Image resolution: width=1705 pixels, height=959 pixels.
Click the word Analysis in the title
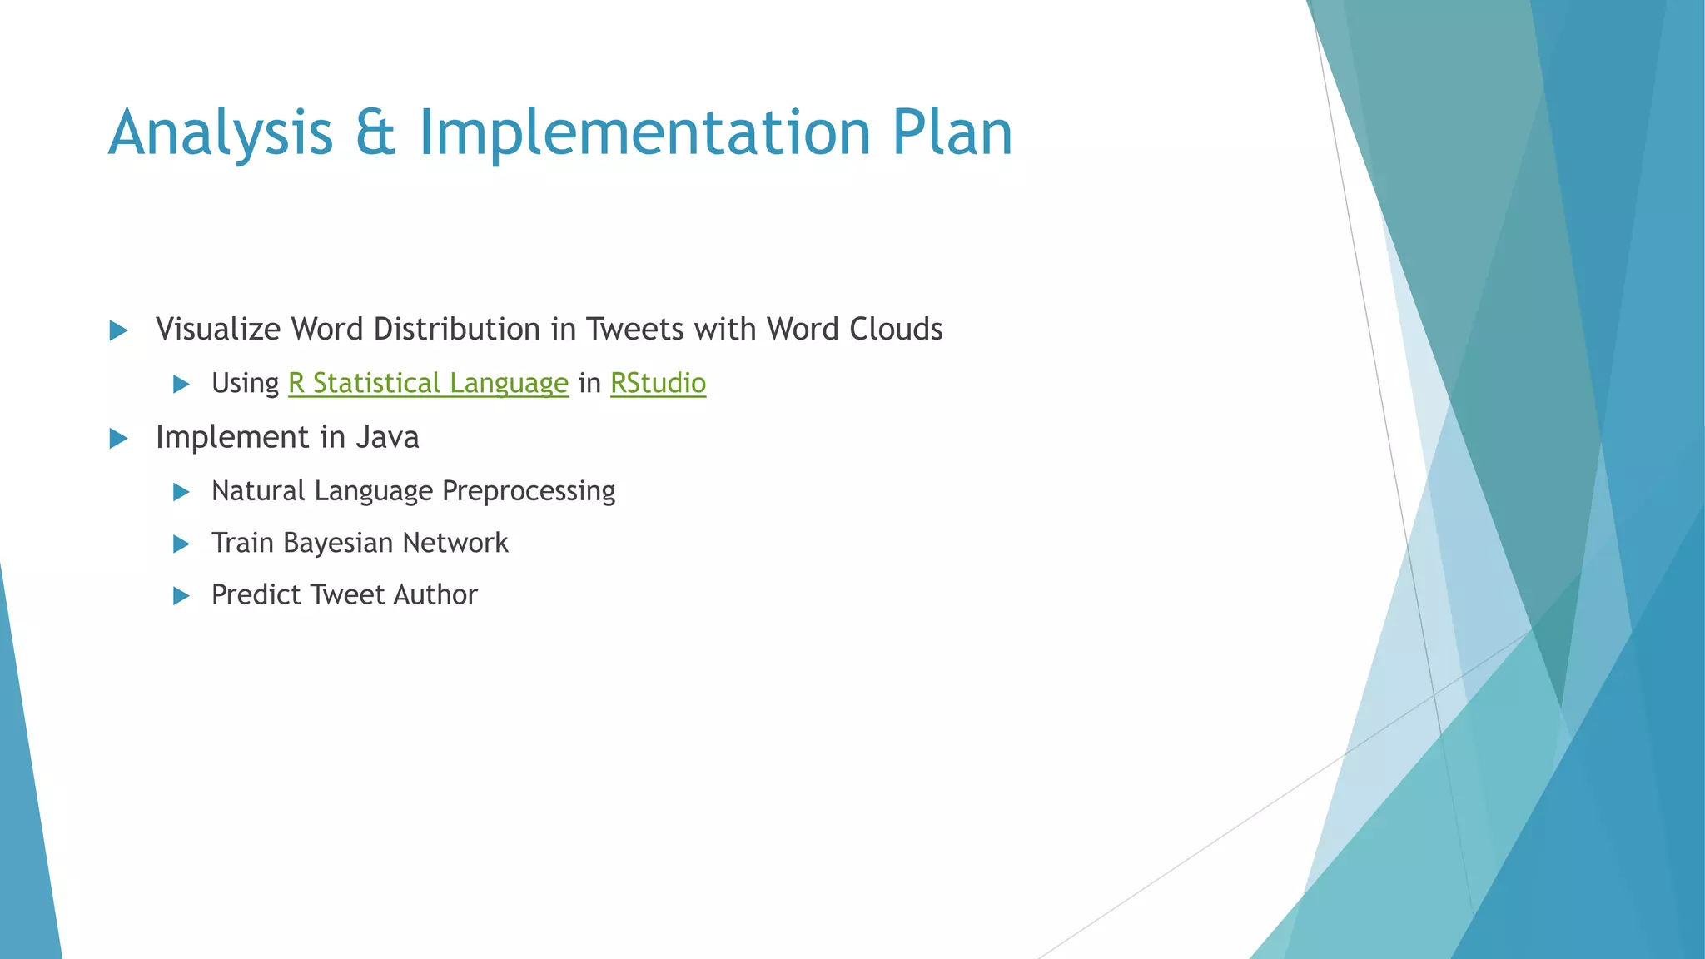point(221,133)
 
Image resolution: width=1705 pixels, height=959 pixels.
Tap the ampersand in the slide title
point(375,133)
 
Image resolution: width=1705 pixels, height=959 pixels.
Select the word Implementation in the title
point(644,133)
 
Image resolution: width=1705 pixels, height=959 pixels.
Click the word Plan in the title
point(952,133)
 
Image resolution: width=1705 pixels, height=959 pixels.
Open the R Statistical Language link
point(428,384)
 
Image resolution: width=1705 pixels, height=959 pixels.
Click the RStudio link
point(658,384)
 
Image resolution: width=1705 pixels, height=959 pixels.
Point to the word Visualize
point(218,330)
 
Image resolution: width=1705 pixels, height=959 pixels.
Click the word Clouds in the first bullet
point(896,330)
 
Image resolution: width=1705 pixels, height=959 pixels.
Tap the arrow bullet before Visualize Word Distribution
point(118,331)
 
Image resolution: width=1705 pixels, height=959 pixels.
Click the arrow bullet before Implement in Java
point(118,439)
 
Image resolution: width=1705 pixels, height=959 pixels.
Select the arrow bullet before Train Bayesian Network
point(181,544)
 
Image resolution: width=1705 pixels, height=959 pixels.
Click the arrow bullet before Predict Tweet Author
point(181,596)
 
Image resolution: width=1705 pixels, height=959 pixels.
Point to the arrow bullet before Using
point(181,385)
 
